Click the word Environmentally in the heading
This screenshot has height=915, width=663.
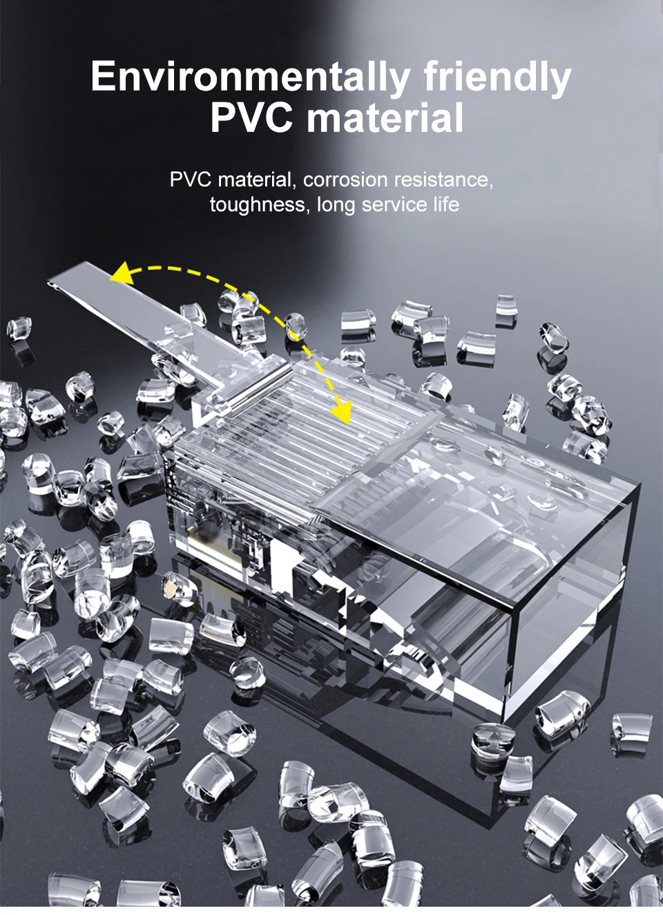click(250, 77)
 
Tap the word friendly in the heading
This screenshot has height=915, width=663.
click(498, 77)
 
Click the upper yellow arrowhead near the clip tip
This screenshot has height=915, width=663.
click(122, 273)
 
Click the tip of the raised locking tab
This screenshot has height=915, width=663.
click(50, 283)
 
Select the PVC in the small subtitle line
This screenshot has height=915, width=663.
click(190, 180)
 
